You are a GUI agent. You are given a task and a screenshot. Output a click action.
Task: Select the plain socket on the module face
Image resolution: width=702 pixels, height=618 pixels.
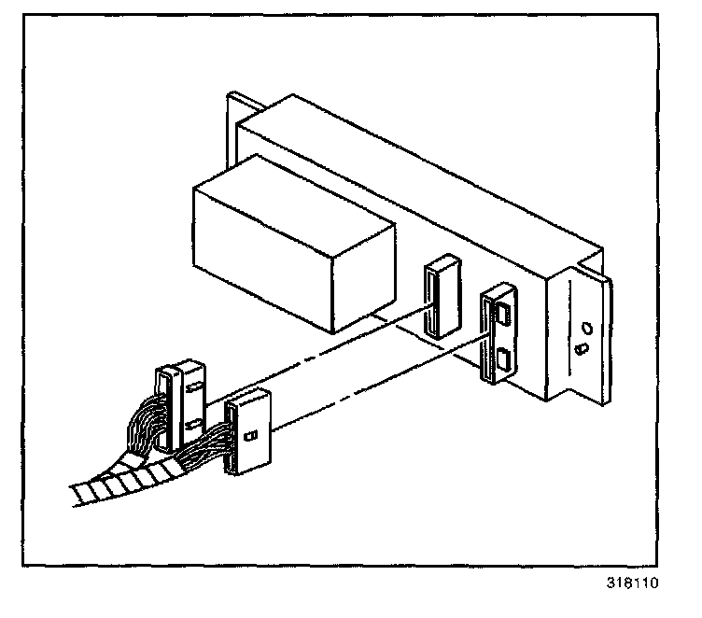click(437, 299)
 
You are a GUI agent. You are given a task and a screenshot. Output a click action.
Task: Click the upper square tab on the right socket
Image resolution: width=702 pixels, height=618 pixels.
click(501, 314)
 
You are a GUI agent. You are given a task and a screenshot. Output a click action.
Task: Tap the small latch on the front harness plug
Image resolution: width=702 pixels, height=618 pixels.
click(250, 435)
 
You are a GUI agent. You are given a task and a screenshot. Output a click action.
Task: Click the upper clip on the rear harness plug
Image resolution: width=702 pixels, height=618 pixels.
click(193, 383)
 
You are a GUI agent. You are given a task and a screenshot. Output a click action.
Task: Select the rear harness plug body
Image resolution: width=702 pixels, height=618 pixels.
click(177, 407)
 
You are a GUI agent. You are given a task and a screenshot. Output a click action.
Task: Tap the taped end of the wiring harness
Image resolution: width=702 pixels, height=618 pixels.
click(112, 485)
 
